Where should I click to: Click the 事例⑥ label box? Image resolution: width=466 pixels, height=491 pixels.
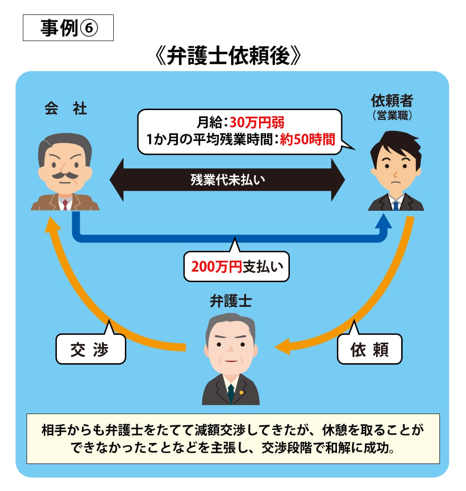[68, 28]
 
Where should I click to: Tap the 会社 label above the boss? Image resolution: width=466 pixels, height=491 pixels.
[66, 109]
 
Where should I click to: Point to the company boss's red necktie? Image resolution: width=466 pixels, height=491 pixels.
[65, 204]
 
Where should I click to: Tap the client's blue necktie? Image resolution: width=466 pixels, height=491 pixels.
[395, 204]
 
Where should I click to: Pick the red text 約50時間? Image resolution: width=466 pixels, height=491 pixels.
[308, 139]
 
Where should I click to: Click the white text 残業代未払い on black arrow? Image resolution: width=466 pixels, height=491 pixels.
[227, 180]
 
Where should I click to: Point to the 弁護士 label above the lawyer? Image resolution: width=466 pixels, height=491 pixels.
[231, 301]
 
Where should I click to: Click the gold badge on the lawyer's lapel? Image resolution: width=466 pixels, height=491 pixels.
[241, 392]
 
